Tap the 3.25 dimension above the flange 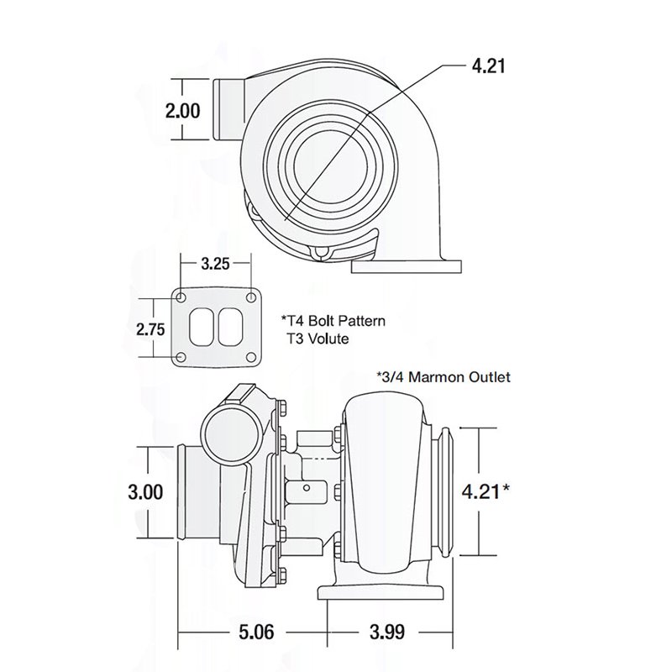point(215,264)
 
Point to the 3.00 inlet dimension point(146,492)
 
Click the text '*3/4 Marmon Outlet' point(445,377)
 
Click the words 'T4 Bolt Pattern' point(328,321)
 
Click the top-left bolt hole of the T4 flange point(181,296)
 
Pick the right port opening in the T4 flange point(228,327)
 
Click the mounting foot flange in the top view point(407,267)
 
